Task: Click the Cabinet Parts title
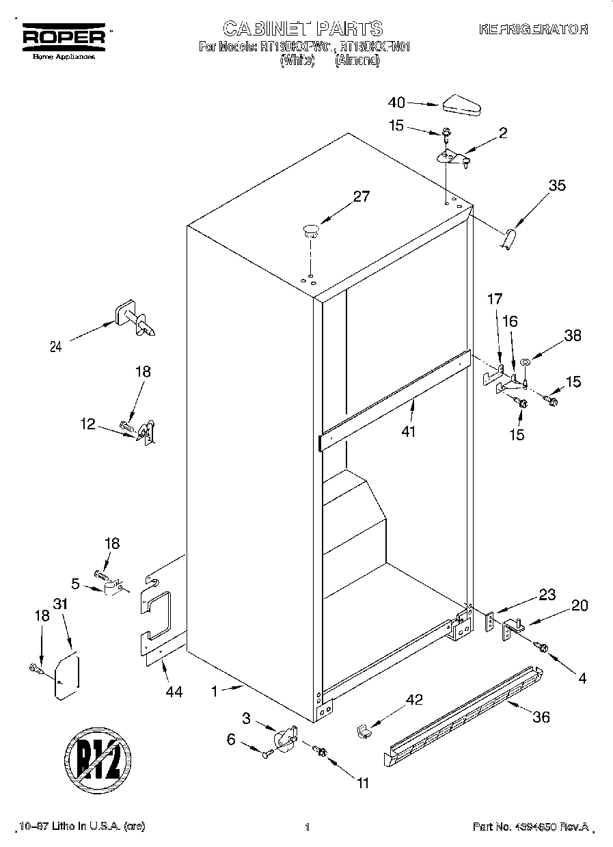coord(303,28)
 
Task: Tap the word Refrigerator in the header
coord(533,29)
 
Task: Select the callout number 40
coord(396,103)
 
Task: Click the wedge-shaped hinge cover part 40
coord(461,106)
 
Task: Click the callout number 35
coord(558,185)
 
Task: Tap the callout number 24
coord(56,347)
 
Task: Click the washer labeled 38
coord(526,362)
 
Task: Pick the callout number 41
coord(409,431)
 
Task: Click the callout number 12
coord(87,424)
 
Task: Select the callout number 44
coord(174,692)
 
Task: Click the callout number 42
coord(414,699)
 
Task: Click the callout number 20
coord(580,606)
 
